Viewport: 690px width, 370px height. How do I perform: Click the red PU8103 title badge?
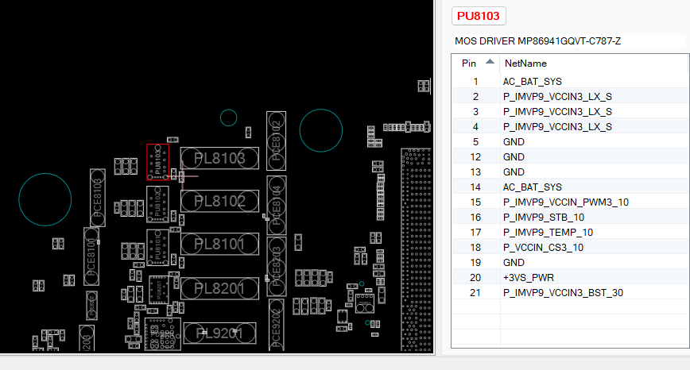click(479, 16)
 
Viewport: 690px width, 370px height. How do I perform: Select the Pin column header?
click(469, 63)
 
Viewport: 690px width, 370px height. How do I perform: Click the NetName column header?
click(525, 63)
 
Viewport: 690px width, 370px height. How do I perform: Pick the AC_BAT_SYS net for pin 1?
click(532, 81)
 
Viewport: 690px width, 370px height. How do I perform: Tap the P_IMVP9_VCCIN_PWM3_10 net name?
click(566, 202)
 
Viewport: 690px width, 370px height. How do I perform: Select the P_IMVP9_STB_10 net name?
click(544, 217)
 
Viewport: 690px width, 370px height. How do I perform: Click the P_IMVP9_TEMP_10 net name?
click(548, 232)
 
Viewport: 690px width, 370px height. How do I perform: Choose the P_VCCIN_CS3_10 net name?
click(544, 247)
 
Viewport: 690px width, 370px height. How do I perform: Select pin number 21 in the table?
click(475, 292)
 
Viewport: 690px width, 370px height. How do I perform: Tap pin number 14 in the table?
click(475, 187)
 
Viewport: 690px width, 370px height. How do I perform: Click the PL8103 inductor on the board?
click(220, 159)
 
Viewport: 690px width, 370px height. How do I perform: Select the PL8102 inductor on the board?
click(220, 202)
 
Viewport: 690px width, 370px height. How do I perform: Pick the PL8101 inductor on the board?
click(220, 245)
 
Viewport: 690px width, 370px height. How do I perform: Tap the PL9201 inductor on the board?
click(220, 333)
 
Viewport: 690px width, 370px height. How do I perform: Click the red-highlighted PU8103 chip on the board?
click(157, 162)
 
